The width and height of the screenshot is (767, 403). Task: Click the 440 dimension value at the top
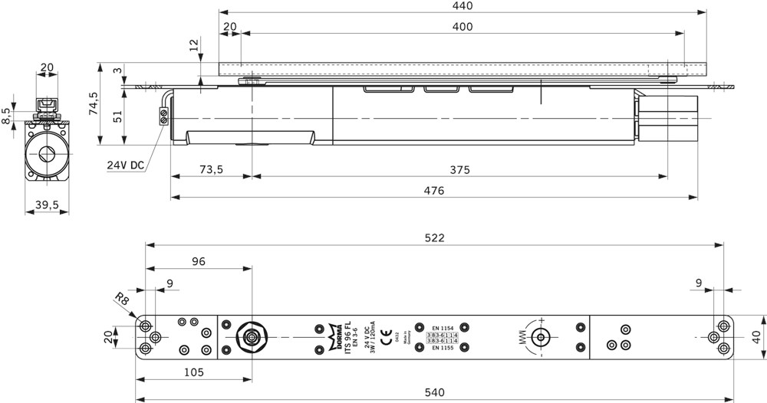[462, 6]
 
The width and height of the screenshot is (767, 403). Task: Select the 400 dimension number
[463, 27]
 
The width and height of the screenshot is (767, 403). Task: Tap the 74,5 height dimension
[94, 103]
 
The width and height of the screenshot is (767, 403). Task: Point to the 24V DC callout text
[126, 165]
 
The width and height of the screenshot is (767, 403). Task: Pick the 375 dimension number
[459, 169]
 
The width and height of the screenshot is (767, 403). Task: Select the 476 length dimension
[434, 191]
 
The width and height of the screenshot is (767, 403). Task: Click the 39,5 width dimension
[47, 205]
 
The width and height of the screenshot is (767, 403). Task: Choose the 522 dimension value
[434, 238]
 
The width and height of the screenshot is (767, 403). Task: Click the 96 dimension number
[198, 261]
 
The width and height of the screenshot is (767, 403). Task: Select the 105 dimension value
[193, 372]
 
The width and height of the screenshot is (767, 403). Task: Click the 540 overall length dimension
[434, 392]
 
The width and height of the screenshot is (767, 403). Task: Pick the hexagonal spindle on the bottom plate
[251, 336]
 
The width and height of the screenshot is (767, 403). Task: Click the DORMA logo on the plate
[335, 337]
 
